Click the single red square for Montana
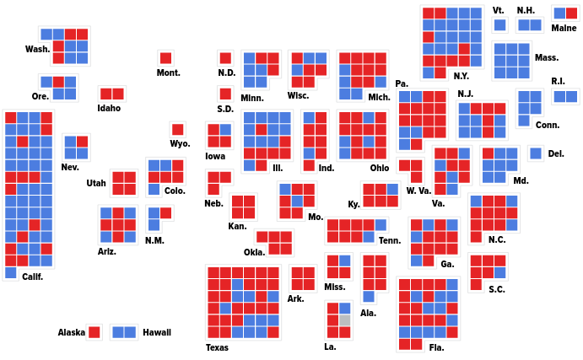[x=165, y=58]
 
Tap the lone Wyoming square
[x=177, y=130]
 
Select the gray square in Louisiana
[x=344, y=320]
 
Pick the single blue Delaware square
[x=535, y=153]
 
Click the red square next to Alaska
[x=94, y=332]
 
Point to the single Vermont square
[x=499, y=25]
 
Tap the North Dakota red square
[x=225, y=58]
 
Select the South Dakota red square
[x=225, y=94]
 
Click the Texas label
[x=217, y=347]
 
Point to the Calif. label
[x=32, y=277]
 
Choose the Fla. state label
[x=436, y=347]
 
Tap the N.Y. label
[x=461, y=76]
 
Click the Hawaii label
[x=157, y=332]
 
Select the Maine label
[x=564, y=28]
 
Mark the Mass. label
[x=546, y=57]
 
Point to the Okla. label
[x=254, y=252]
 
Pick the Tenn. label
[x=390, y=240]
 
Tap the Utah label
[x=96, y=183]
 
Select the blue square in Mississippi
[x=344, y=261]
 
